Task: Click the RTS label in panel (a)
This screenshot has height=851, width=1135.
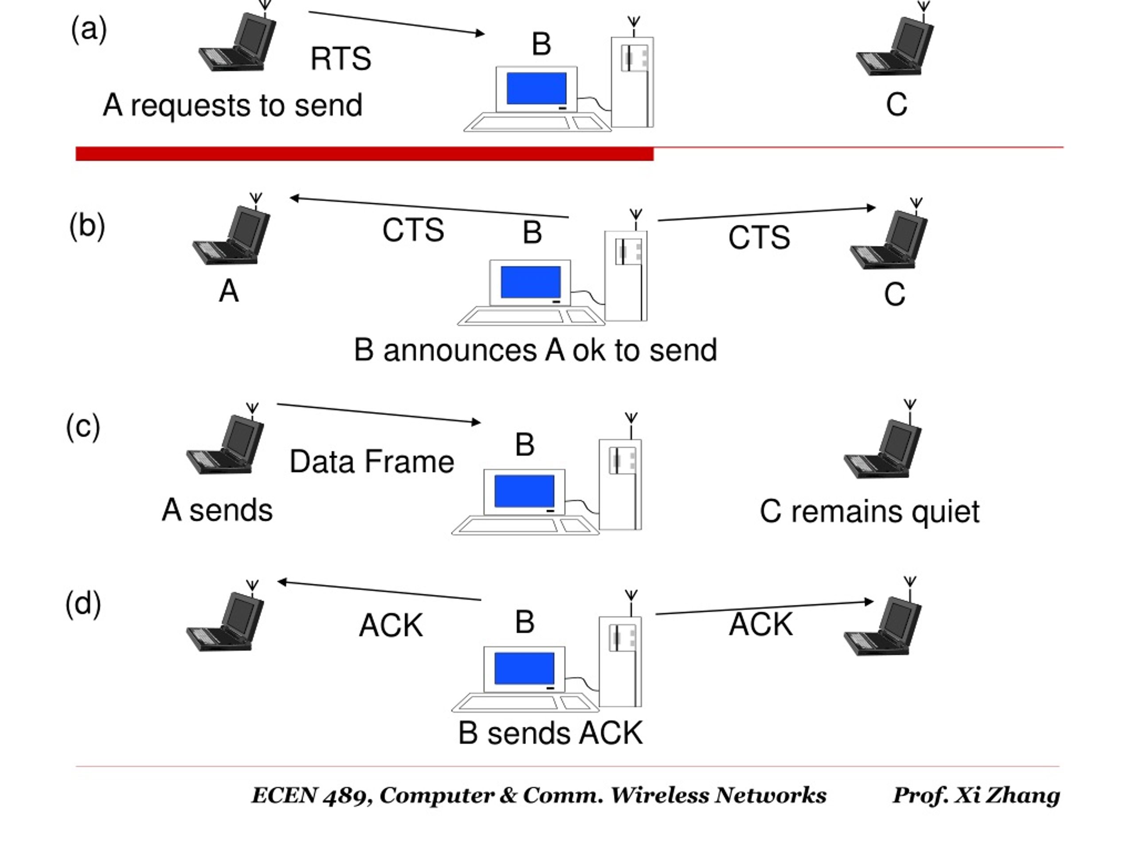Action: [340, 59]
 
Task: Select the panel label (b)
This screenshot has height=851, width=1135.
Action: [87, 226]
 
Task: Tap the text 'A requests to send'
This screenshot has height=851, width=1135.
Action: [232, 105]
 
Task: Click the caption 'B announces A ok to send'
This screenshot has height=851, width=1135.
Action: [535, 350]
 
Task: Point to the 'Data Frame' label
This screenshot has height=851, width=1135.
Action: [372, 462]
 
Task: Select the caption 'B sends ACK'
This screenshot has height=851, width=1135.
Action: [550, 733]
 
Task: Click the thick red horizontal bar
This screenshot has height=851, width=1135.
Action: [364, 154]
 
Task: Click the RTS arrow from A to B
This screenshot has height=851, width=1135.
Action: [397, 23]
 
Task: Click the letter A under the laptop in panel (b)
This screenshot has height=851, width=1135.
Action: [229, 291]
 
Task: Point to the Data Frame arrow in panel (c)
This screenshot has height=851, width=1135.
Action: [379, 414]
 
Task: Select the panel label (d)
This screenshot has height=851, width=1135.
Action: [83, 604]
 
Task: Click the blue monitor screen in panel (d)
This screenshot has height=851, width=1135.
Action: [524, 668]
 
